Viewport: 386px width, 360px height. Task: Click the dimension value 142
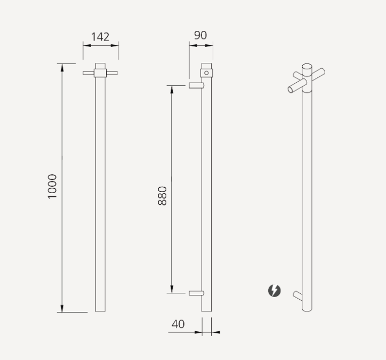[x=100, y=37]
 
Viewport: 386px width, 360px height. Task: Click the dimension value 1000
[x=52, y=186]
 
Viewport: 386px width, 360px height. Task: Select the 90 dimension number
[x=200, y=35]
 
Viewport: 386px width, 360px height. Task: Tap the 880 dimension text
[x=163, y=196]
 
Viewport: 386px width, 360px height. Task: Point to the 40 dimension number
[x=178, y=324]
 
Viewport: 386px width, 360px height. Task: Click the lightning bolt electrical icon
[x=274, y=291]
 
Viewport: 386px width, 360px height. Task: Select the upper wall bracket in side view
[x=196, y=85]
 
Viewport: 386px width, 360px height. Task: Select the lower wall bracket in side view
[x=196, y=292]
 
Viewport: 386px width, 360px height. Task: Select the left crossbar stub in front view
[x=89, y=73]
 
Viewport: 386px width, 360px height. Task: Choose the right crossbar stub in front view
[x=111, y=73]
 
